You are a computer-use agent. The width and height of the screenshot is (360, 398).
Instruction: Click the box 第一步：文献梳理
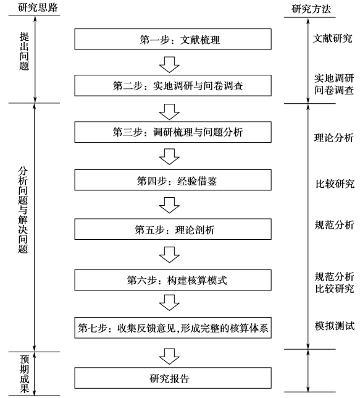(173, 39)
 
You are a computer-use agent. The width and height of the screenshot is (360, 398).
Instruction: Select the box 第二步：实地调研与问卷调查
(173, 85)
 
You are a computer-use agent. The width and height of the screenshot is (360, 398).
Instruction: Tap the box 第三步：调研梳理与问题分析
(173, 132)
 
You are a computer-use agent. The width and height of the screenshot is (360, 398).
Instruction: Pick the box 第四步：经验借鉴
(173, 180)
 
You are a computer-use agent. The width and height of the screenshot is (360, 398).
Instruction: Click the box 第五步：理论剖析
(173, 229)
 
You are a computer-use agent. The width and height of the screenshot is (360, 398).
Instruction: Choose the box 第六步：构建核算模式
(173, 280)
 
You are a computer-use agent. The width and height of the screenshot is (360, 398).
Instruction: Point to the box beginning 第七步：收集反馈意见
(173, 328)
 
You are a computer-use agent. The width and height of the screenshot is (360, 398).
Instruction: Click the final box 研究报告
(173, 378)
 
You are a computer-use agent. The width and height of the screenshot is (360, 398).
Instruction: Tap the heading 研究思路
(38, 7)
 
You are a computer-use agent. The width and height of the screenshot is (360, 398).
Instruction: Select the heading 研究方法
(311, 9)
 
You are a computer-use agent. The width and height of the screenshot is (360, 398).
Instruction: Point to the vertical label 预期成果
(25, 374)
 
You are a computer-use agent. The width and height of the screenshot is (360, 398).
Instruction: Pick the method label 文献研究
(333, 38)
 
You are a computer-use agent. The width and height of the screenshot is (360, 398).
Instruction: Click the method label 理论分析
(334, 138)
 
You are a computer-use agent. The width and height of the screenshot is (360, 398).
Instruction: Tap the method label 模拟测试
(335, 326)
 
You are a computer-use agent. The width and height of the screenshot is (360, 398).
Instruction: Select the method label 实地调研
(334, 78)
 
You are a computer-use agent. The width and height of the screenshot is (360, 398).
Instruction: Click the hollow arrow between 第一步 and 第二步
(169, 64)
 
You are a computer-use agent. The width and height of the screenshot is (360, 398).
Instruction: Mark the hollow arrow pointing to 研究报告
(169, 357)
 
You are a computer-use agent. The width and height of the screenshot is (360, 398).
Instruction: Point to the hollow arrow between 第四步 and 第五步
(169, 205)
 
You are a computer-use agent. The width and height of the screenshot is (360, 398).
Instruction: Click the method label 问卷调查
(334, 90)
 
